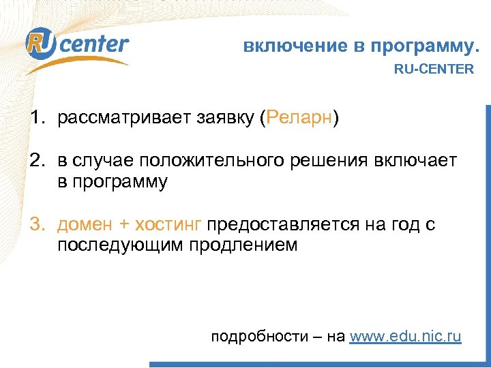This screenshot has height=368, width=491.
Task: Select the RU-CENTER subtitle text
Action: [x=434, y=69]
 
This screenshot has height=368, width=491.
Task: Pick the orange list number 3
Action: [x=35, y=225]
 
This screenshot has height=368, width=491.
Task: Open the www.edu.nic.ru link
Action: [x=405, y=336]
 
